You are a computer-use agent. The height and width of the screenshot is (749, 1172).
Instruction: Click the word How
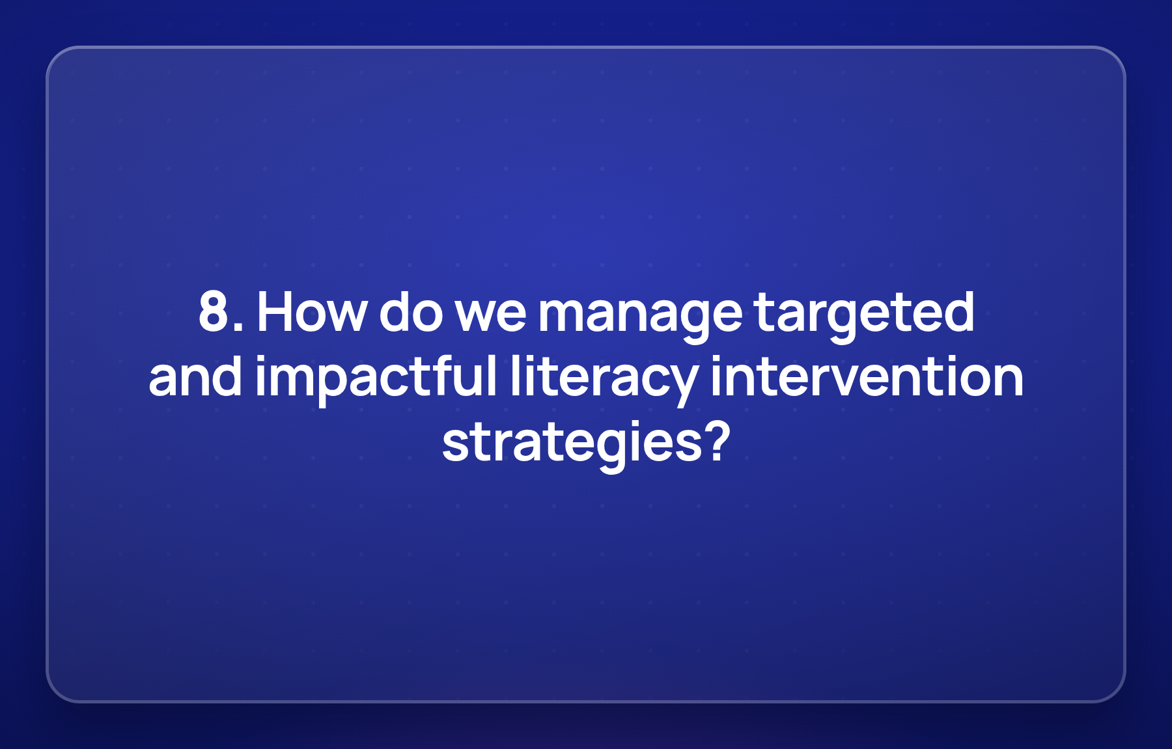[x=312, y=312]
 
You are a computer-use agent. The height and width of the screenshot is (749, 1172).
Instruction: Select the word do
[x=411, y=311]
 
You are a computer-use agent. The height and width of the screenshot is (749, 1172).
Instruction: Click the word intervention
[x=867, y=376]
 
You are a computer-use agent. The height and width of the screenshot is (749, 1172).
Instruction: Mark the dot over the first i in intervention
[x=716, y=359]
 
